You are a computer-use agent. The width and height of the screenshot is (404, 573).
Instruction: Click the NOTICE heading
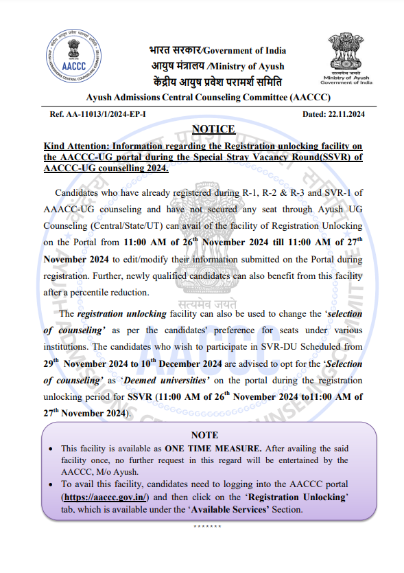pyautogui.click(x=213, y=129)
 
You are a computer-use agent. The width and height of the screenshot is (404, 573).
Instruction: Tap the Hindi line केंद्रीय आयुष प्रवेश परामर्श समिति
pyautogui.click(x=217, y=80)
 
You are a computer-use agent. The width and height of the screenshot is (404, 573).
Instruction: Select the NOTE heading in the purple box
pyautogui.click(x=204, y=435)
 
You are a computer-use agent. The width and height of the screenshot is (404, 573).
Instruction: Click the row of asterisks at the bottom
pyautogui.click(x=206, y=526)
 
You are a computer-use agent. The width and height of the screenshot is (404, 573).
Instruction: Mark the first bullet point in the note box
pyautogui.click(x=54, y=448)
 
